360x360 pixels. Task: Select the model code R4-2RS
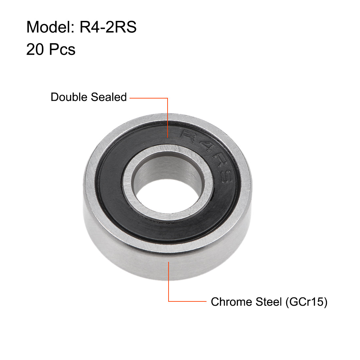[108, 27]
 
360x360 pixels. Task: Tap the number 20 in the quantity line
[35, 50]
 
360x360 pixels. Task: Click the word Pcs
[63, 50]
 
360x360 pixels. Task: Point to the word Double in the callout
[69, 97]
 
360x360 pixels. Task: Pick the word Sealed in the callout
[109, 97]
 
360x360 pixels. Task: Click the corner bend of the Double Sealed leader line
[168, 98]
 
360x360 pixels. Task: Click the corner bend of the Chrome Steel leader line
[169, 301]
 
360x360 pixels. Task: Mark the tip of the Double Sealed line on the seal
[168, 137]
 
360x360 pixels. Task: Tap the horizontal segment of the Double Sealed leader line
[149, 98]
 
